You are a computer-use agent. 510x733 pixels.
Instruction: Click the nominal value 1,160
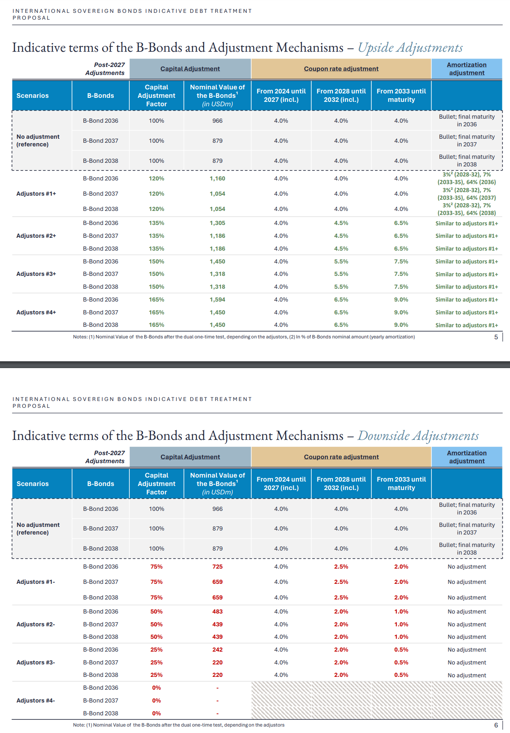pos(217,178)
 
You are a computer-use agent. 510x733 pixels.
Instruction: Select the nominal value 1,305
pos(217,223)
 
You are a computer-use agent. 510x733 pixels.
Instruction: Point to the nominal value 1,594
pos(217,300)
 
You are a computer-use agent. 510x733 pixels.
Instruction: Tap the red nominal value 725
pos(217,567)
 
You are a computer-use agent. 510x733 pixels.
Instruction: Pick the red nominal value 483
pos(217,612)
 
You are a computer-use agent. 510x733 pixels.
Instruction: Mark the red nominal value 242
pos(217,650)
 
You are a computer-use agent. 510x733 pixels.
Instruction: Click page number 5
pos(496,337)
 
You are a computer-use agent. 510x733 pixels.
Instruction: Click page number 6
pos(496,725)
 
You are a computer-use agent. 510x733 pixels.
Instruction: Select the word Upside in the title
pos(376,48)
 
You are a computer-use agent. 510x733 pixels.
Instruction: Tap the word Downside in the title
pos(384,436)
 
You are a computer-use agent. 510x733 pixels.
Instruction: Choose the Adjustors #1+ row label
pos(36,194)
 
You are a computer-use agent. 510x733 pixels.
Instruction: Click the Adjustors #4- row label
pos(36,701)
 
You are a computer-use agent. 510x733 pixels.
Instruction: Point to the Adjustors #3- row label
pos(36,662)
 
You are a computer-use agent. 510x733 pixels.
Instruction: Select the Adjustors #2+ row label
pos(36,236)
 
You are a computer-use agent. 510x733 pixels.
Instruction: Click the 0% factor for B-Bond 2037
pos(156,701)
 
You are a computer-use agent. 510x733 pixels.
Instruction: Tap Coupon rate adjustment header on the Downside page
pos(341,457)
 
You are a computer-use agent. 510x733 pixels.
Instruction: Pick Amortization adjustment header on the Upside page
pos(467,69)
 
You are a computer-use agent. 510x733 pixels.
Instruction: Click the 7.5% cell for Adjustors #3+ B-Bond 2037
pos(401,274)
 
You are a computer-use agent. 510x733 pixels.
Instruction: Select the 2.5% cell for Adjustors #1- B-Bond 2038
pos(341,597)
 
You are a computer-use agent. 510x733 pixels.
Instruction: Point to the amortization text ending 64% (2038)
pos(467,209)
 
